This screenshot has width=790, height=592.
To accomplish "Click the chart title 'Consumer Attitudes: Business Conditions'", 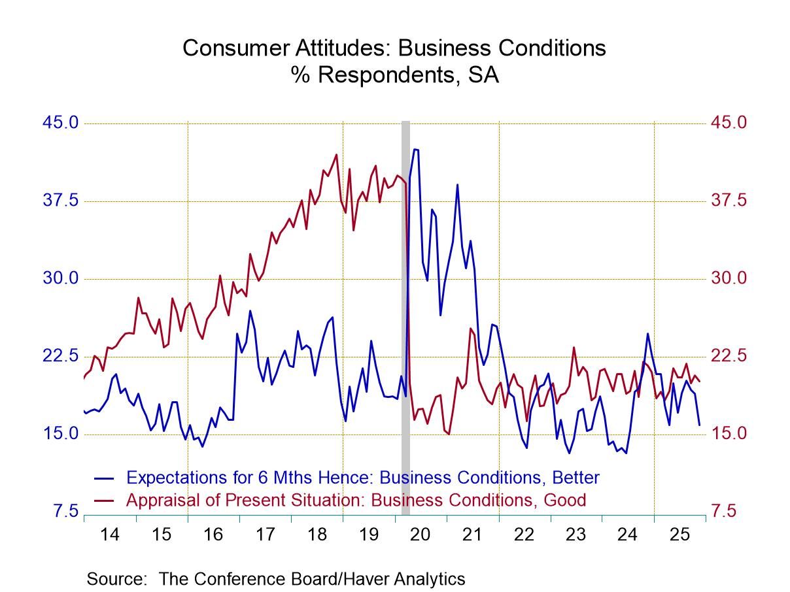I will [x=394, y=48].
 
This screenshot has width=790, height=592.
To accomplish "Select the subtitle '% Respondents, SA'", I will [x=395, y=75].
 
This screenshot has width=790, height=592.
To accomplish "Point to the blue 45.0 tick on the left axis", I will [x=61, y=123].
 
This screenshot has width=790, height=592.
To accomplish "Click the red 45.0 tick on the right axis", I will [x=728, y=123].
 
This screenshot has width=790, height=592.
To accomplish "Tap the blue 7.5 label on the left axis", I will [x=65, y=511].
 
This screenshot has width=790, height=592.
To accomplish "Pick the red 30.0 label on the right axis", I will [x=728, y=278].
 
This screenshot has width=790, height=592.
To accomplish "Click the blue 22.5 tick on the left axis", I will [x=61, y=356].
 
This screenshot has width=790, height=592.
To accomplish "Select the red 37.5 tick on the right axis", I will [x=728, y=201].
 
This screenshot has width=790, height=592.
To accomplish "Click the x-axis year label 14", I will [x=110, y=534].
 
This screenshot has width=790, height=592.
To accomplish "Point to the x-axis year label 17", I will [x=265, y=534].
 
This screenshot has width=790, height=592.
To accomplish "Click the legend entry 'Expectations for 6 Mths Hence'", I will [x=362, y=478].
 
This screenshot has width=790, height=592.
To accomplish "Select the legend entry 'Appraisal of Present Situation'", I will [x=356, y=501].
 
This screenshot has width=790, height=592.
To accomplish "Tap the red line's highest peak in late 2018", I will [x=337, y=155].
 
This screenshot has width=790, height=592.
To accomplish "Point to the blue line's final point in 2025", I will [x=700, y=425].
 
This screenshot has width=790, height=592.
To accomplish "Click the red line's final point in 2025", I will [x=700, y=382].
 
